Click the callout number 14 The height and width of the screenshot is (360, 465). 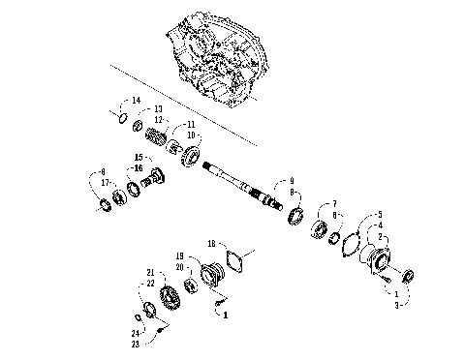[137, 101]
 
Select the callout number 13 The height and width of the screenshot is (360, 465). [158, 108]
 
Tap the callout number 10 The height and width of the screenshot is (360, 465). [191, 134]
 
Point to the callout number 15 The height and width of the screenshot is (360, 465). [139, 157]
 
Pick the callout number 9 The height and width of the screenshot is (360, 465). [287, 181]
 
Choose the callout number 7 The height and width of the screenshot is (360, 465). [333, 204]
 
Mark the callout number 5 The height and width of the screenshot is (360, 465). [380, 215]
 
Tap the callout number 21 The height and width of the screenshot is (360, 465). [150, 272]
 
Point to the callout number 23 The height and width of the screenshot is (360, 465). [136, 344]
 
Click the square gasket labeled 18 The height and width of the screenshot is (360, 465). [233, 259]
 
